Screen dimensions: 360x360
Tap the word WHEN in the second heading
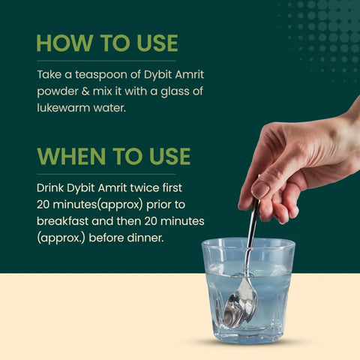click(67, 156)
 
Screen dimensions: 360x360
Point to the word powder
click(58, 93)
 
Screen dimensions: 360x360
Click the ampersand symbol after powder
click(87, 93)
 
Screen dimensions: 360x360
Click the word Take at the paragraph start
click(49, 76)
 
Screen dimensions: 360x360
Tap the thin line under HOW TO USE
click(106, 61)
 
